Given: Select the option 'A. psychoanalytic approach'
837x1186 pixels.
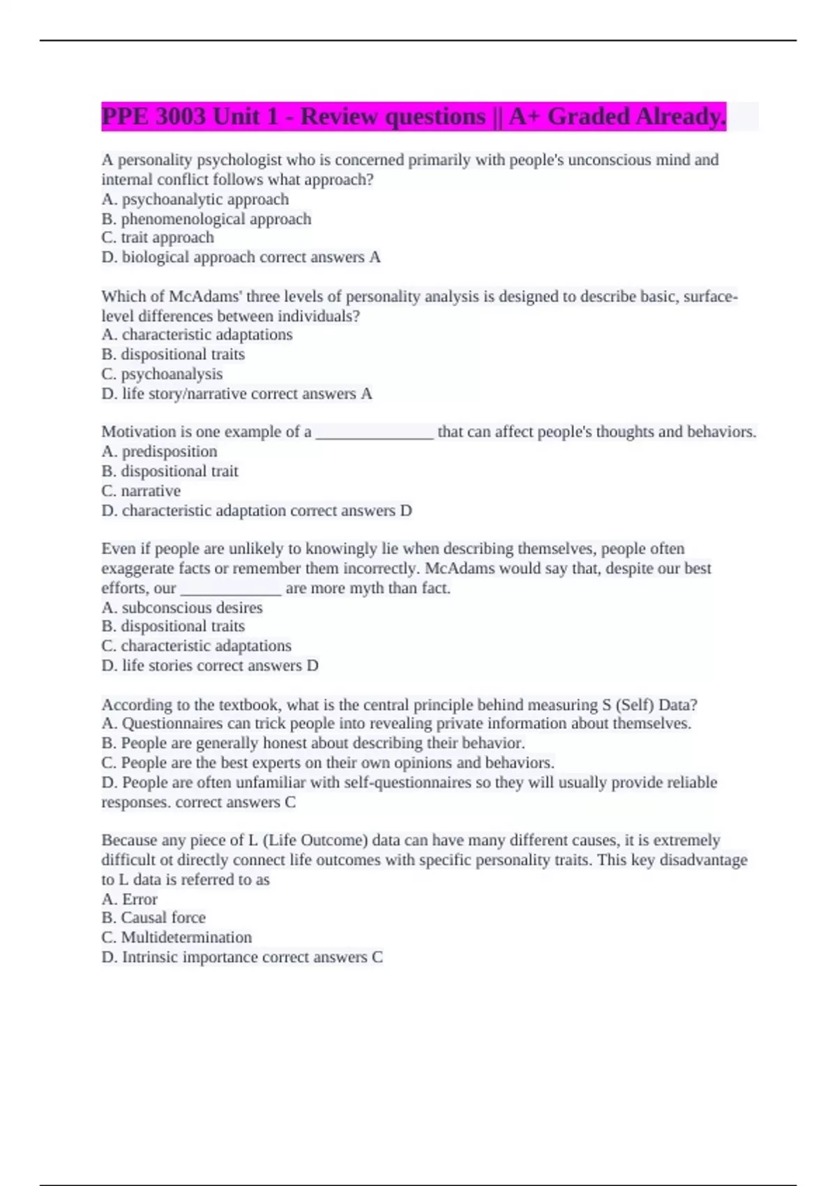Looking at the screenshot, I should [x=195, y=200].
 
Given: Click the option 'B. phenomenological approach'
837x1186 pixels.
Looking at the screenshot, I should [x=206, y=219].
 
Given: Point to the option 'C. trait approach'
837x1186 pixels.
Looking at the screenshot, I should [x=158, y=238].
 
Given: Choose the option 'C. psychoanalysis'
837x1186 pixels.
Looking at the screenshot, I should [x=162, y=374].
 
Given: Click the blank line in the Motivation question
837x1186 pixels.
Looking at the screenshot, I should [x=375, y=433].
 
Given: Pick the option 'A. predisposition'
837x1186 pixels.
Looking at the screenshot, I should [x=159, y=451].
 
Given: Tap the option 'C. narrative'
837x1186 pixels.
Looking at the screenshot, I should [x=141, y=491].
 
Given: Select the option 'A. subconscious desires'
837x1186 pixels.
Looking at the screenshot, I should [x=182, y=608].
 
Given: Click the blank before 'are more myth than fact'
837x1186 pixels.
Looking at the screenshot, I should [x=231, y=590].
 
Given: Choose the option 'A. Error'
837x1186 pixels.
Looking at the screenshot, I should [x=130, y=899].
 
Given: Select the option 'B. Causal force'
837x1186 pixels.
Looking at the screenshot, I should [x=153, y=918].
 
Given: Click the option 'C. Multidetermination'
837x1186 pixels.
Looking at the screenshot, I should [x=176, y=938].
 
